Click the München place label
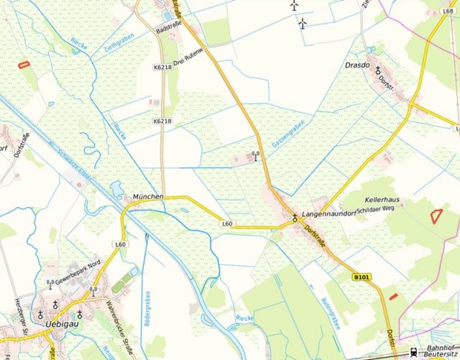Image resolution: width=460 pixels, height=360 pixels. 149,196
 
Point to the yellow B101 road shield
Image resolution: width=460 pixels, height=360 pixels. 362,276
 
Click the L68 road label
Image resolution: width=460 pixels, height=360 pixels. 449,4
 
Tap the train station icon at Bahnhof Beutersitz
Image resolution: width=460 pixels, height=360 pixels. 413,351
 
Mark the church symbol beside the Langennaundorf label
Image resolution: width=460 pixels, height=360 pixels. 294,216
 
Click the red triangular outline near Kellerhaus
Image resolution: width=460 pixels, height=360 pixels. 434,213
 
